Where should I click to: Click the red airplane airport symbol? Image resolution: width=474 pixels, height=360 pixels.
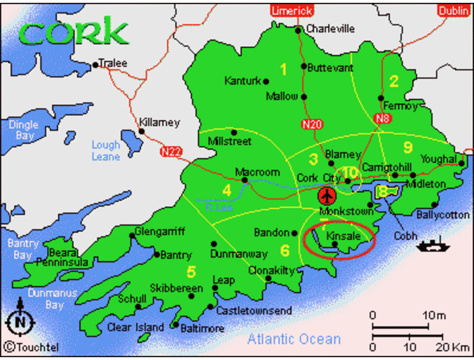tap(327, 194)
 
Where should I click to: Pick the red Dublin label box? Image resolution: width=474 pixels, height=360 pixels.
tap(452, 11)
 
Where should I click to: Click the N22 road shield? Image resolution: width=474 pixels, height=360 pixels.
tap(171, 150)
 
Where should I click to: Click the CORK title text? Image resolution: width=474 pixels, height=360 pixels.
tap(74, 32)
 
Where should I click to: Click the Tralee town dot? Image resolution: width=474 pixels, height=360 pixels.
tap(95, 66)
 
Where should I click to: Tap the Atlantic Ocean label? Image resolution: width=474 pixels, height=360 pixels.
tap(294, 340)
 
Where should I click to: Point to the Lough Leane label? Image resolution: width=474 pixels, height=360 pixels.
tap(106, 150)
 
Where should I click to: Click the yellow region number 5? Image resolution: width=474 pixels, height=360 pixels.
tap(191, 272)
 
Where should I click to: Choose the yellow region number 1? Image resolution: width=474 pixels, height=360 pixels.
tap(284, 69)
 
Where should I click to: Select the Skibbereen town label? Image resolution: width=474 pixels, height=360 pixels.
tap(176, 288)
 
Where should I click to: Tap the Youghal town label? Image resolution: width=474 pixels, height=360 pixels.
tap(439, 160)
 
